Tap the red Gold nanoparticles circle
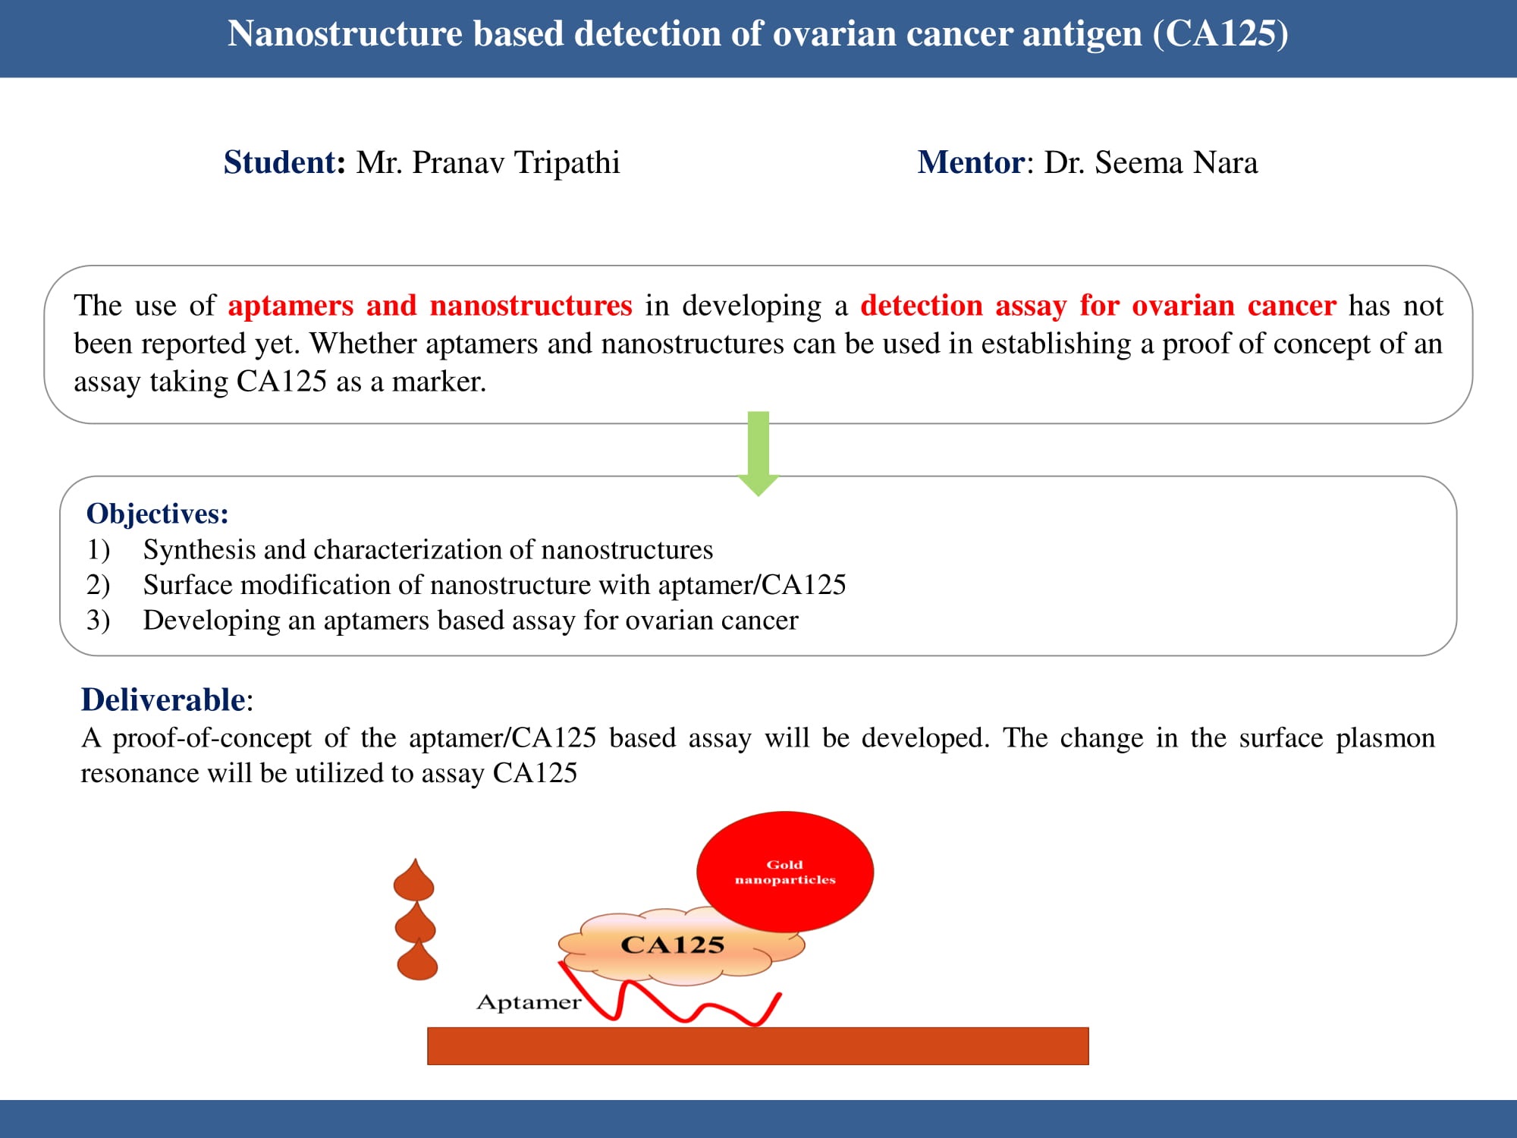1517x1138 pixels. pos(785,872)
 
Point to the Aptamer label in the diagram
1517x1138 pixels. pos(529,1002)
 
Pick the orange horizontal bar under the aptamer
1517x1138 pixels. pos(758,1046)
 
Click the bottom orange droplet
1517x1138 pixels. pos(418,959)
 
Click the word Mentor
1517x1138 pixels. pos(972,162)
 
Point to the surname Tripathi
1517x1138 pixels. pos(567,163)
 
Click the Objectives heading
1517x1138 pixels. pos(158,514)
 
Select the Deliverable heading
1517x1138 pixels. pos(163,699)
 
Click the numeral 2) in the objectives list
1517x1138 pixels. pos(98,585)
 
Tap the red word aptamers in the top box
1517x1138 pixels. pos(291,306)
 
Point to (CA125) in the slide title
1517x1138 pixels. pos(1220,34)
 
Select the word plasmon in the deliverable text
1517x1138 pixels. pos(1386,738)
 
